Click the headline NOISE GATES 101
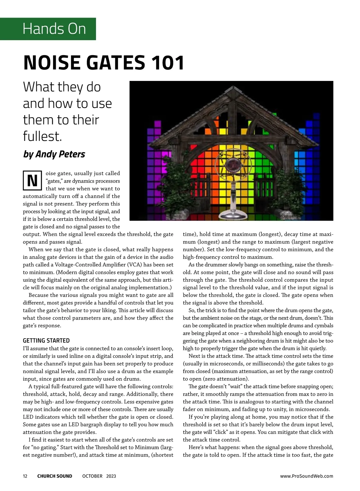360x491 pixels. pos(103,63)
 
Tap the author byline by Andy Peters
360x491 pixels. pos(54,154)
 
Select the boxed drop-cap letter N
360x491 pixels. pos(32,181)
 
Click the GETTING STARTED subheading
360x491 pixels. pos(46,341)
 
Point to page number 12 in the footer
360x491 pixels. pos(25,476)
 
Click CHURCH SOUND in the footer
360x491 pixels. pos(55,476)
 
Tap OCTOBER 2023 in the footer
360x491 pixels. pos(99,476)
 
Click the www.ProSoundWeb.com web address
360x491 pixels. pos(307,476)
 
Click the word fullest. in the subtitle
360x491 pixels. pos(42,136)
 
